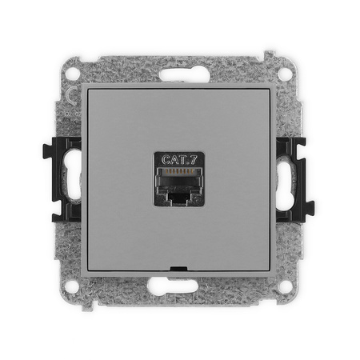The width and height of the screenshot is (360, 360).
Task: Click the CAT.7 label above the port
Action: click(179, 159)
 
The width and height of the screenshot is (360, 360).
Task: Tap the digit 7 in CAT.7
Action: click(194, 159)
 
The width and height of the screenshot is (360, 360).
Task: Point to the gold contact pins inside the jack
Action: click(179, 171)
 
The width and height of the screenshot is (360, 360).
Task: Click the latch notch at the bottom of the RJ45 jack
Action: click(179, 198)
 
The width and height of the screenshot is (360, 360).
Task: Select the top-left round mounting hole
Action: click(73, 73)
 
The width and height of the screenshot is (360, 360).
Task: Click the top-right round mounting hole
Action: click(285, 73)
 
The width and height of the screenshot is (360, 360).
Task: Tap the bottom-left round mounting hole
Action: click(72, 286)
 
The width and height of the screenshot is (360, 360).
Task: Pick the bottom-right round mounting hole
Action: click(285, 286)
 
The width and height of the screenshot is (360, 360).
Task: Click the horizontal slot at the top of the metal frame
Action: click(185, 75)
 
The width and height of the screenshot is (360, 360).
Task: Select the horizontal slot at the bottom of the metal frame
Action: click(173, 286)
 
